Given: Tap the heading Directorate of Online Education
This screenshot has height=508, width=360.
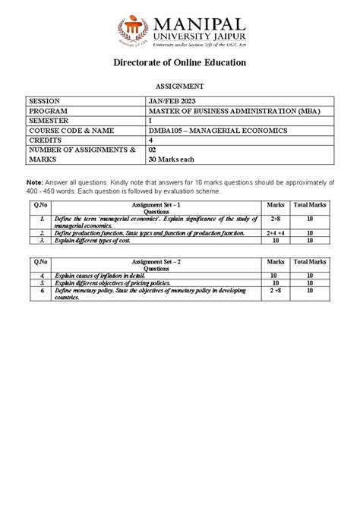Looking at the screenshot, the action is coord(180,62).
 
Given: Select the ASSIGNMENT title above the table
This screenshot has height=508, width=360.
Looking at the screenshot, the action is coord(180,87).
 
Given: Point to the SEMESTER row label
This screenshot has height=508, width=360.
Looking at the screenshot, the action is coord(48,121).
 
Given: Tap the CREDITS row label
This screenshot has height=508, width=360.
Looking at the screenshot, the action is coord(45,140).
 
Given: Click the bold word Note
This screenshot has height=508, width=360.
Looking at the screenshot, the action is coord(34,183).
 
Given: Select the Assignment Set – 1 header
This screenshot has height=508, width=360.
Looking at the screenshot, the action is coord(156,205).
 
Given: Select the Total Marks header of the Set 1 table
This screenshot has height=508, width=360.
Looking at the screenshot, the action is coord(310,205).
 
